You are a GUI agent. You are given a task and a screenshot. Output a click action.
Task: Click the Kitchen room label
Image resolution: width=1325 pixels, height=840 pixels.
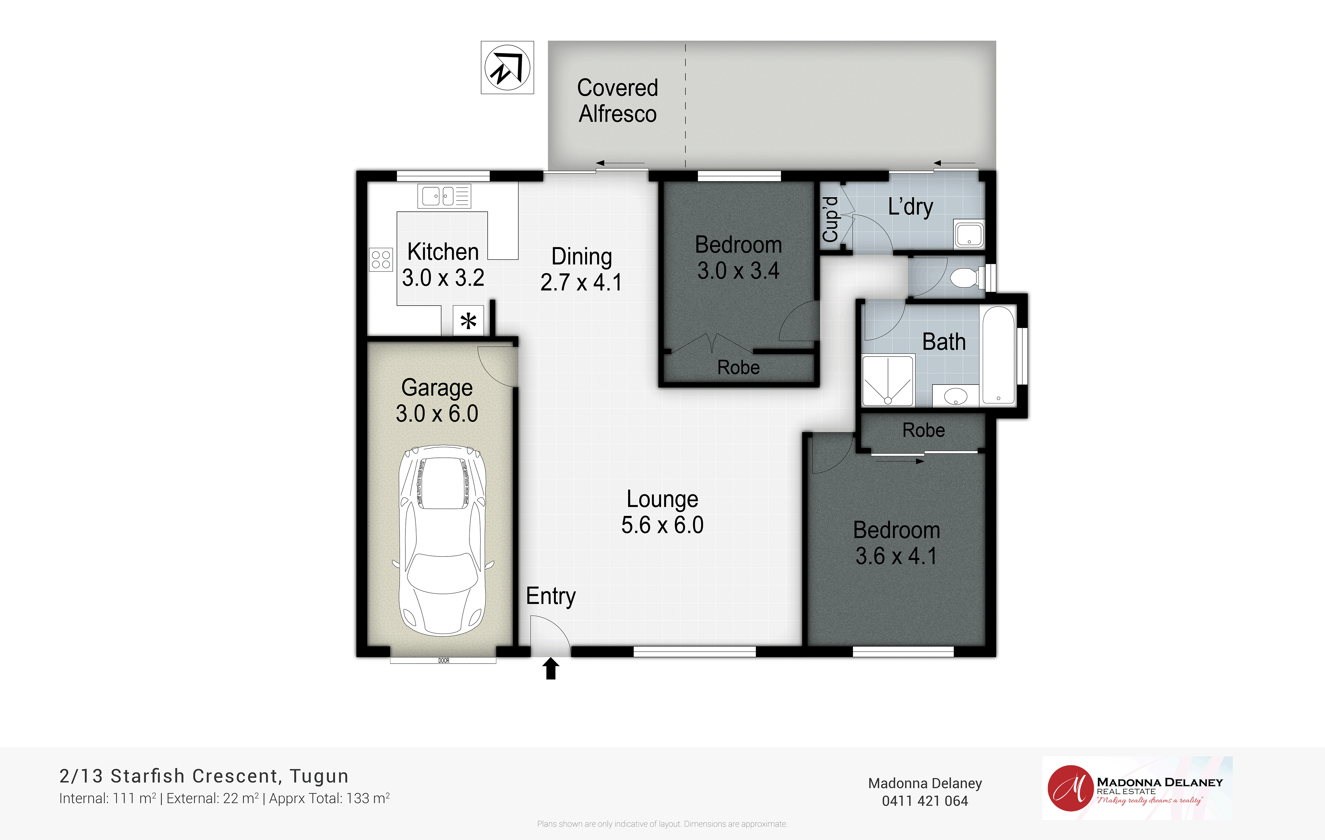tap(443, 252)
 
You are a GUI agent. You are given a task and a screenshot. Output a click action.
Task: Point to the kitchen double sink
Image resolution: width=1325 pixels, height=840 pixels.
tap(444, 196)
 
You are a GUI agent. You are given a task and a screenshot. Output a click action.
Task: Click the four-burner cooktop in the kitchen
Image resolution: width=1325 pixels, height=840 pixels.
tap(381, 260)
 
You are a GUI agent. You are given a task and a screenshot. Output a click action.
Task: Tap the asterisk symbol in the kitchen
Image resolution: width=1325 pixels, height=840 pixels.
tap(468, 321)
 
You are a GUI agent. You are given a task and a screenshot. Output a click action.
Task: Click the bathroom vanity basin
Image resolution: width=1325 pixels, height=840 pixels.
tap(956, 395)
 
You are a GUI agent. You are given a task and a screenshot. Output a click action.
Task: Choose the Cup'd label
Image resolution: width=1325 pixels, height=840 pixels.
tap(830, 219)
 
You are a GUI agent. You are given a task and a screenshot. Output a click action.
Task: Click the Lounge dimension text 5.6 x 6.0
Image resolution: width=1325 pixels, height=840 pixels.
tap(662, 525)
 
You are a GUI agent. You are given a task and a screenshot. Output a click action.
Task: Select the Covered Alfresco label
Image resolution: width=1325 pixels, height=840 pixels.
tap(617, 101)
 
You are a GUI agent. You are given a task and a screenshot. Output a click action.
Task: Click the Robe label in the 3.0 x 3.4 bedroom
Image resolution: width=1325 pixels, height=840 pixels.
tap(738, 367)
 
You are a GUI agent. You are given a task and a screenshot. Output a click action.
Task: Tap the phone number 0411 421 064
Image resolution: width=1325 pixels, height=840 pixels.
tap(925, 801)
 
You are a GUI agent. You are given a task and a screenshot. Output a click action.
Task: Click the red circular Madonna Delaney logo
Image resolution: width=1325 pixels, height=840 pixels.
tap(1070, 788)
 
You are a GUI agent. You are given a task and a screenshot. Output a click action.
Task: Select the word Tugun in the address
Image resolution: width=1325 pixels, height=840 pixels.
tap(319, 776)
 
